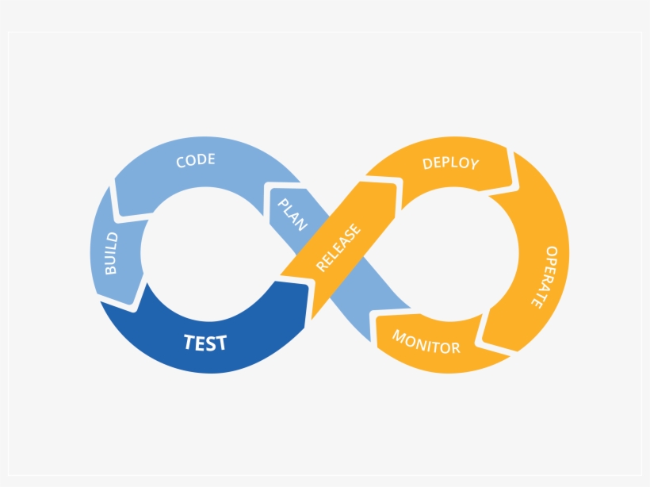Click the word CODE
click(196, 161)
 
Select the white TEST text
click(205, 343)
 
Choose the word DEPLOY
click(450, 163)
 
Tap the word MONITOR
click(426, 341)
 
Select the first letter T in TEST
click(189, 343)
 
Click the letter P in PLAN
click(281, 204)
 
